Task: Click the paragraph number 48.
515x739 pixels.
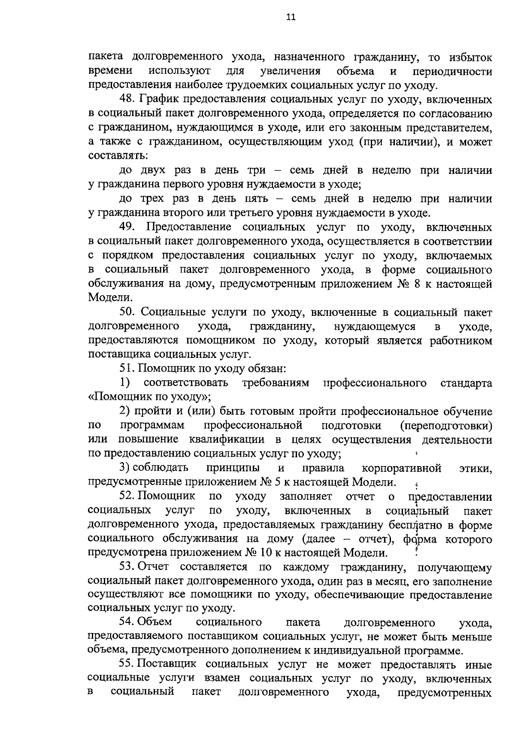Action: [x=127, y=100]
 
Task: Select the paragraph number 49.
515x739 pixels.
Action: [x=128, y=227]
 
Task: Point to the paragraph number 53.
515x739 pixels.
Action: [x=127, y=567]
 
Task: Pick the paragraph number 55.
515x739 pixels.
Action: [x=127, y=664]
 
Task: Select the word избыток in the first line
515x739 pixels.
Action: [x=471, y=57]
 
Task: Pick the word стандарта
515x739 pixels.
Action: [x=466, y=383]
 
